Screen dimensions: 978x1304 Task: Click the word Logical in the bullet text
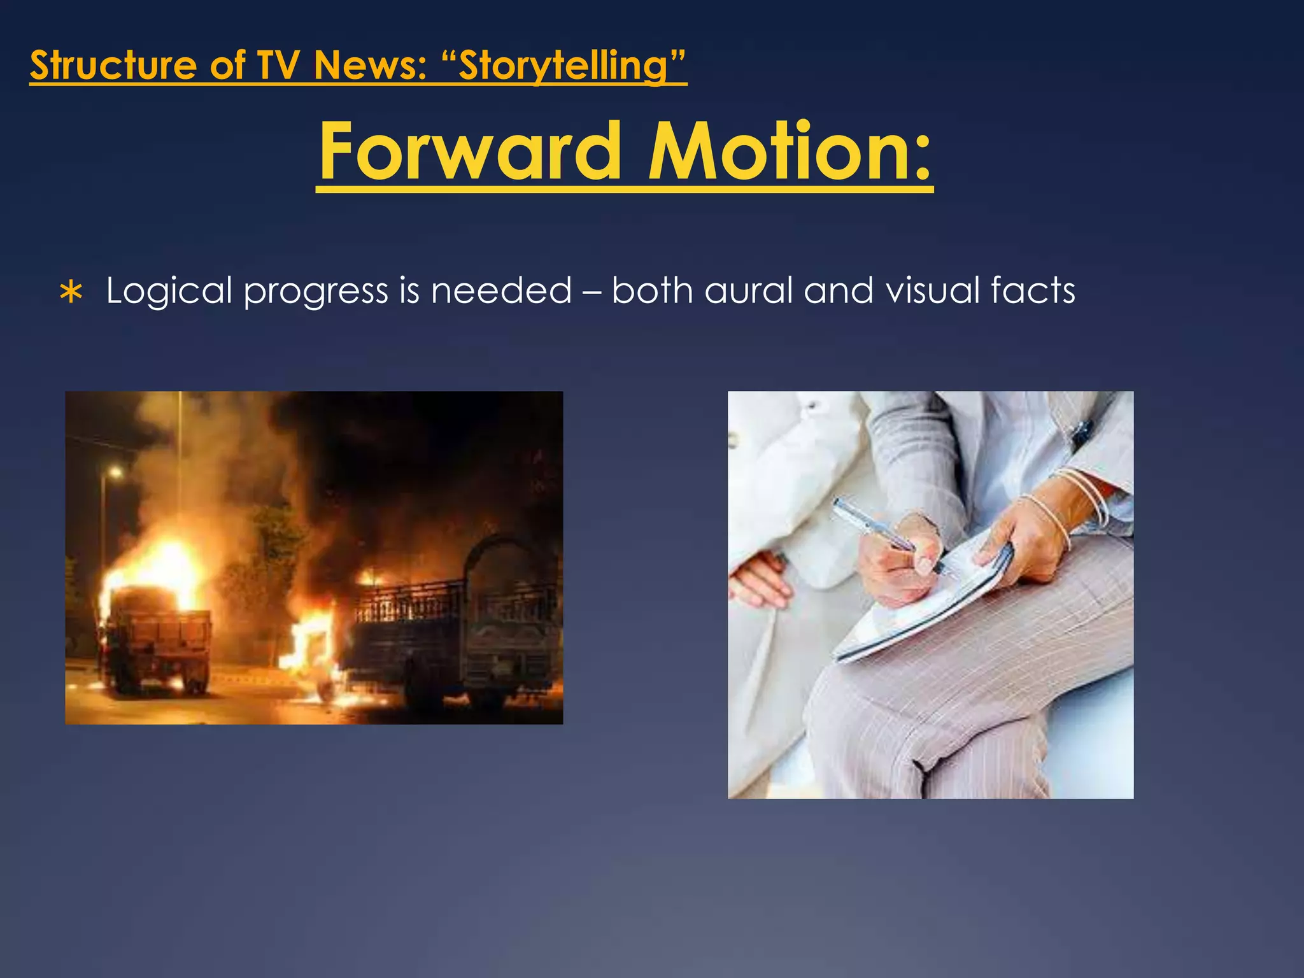pyautogui.click(x=169, y=291)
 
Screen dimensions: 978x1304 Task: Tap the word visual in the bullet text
pyautogui.click(x=932, y=291)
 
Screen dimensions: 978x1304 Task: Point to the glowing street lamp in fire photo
pyautogui.click(x=115, y=472)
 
